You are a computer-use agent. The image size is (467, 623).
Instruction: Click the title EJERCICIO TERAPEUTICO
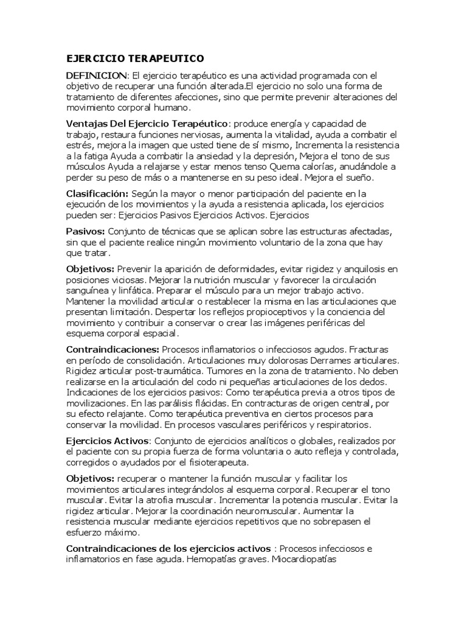[135, 58]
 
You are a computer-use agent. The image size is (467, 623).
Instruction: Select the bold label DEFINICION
[97, 75]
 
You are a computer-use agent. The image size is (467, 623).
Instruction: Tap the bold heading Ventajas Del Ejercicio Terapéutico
[147, 124]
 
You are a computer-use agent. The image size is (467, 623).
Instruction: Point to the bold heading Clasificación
[97, 193]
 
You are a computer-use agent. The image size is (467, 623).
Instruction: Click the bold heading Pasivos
[86, 232]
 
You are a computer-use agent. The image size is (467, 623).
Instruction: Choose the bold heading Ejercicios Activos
[107, 440]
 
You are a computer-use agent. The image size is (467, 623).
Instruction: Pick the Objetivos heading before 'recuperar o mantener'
[91, 479]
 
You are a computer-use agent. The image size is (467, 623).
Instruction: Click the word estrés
[80, 145]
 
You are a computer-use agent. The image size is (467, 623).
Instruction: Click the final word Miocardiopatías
[304, 560]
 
